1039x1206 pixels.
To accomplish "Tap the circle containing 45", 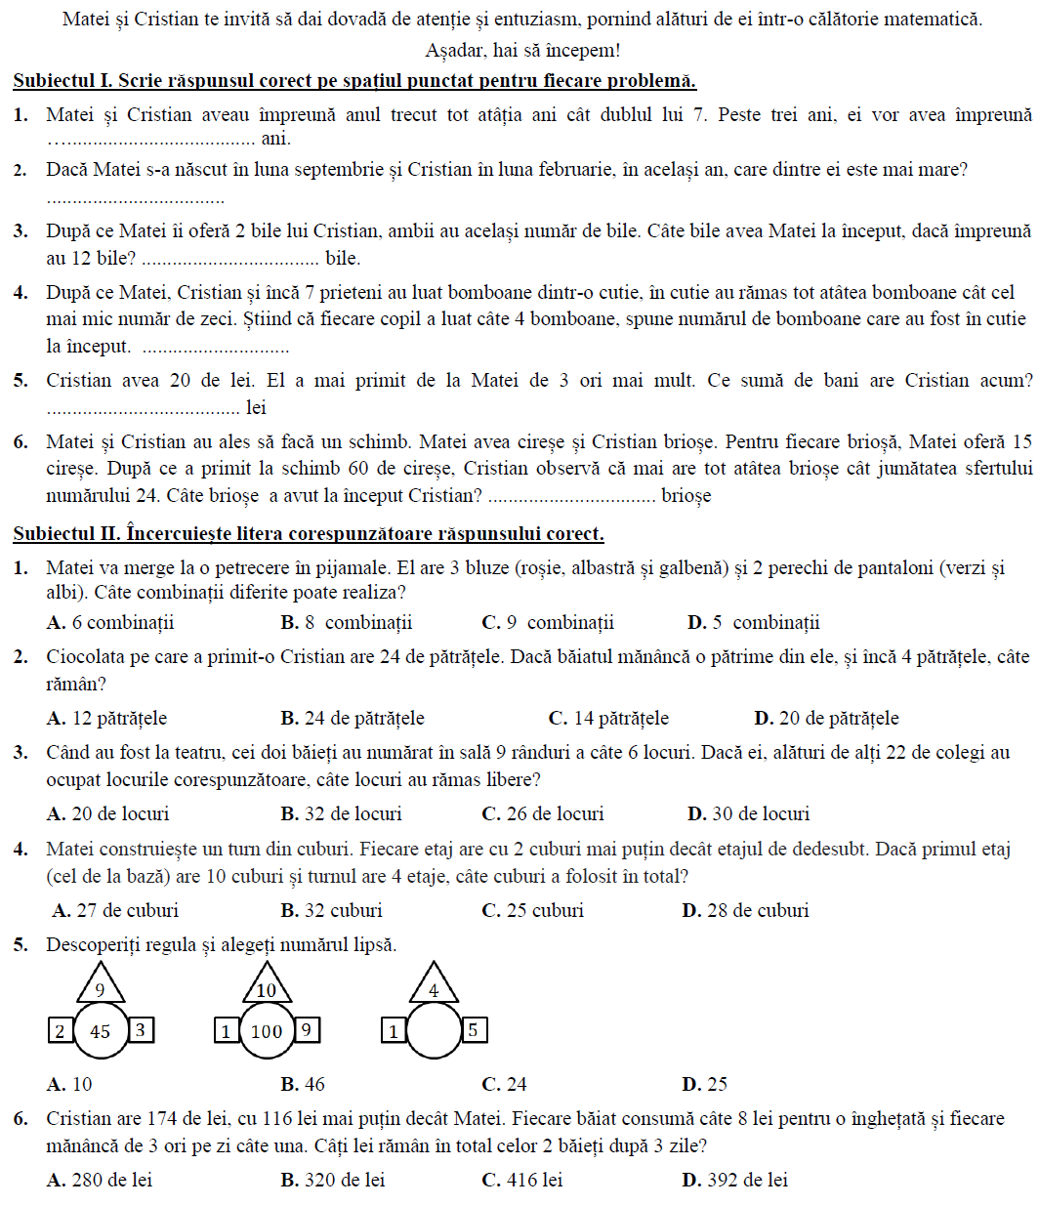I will click(101, 1031).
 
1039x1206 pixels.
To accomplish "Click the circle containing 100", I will click(267, 1031).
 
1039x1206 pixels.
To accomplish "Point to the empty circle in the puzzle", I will click(434, 1031).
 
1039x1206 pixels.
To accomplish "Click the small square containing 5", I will click(474, 1030).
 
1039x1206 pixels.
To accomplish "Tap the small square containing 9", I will click(307, 1030).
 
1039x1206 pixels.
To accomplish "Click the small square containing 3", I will click(141, 1030).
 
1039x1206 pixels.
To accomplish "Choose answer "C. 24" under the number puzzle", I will click(504, 1084).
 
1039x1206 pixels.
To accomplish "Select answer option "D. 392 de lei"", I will click(734, 1180).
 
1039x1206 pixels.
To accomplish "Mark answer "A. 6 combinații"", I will click(110, 622).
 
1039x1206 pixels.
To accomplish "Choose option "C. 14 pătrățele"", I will click(608, 718).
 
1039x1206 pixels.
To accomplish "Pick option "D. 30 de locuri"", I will click(748, 813).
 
